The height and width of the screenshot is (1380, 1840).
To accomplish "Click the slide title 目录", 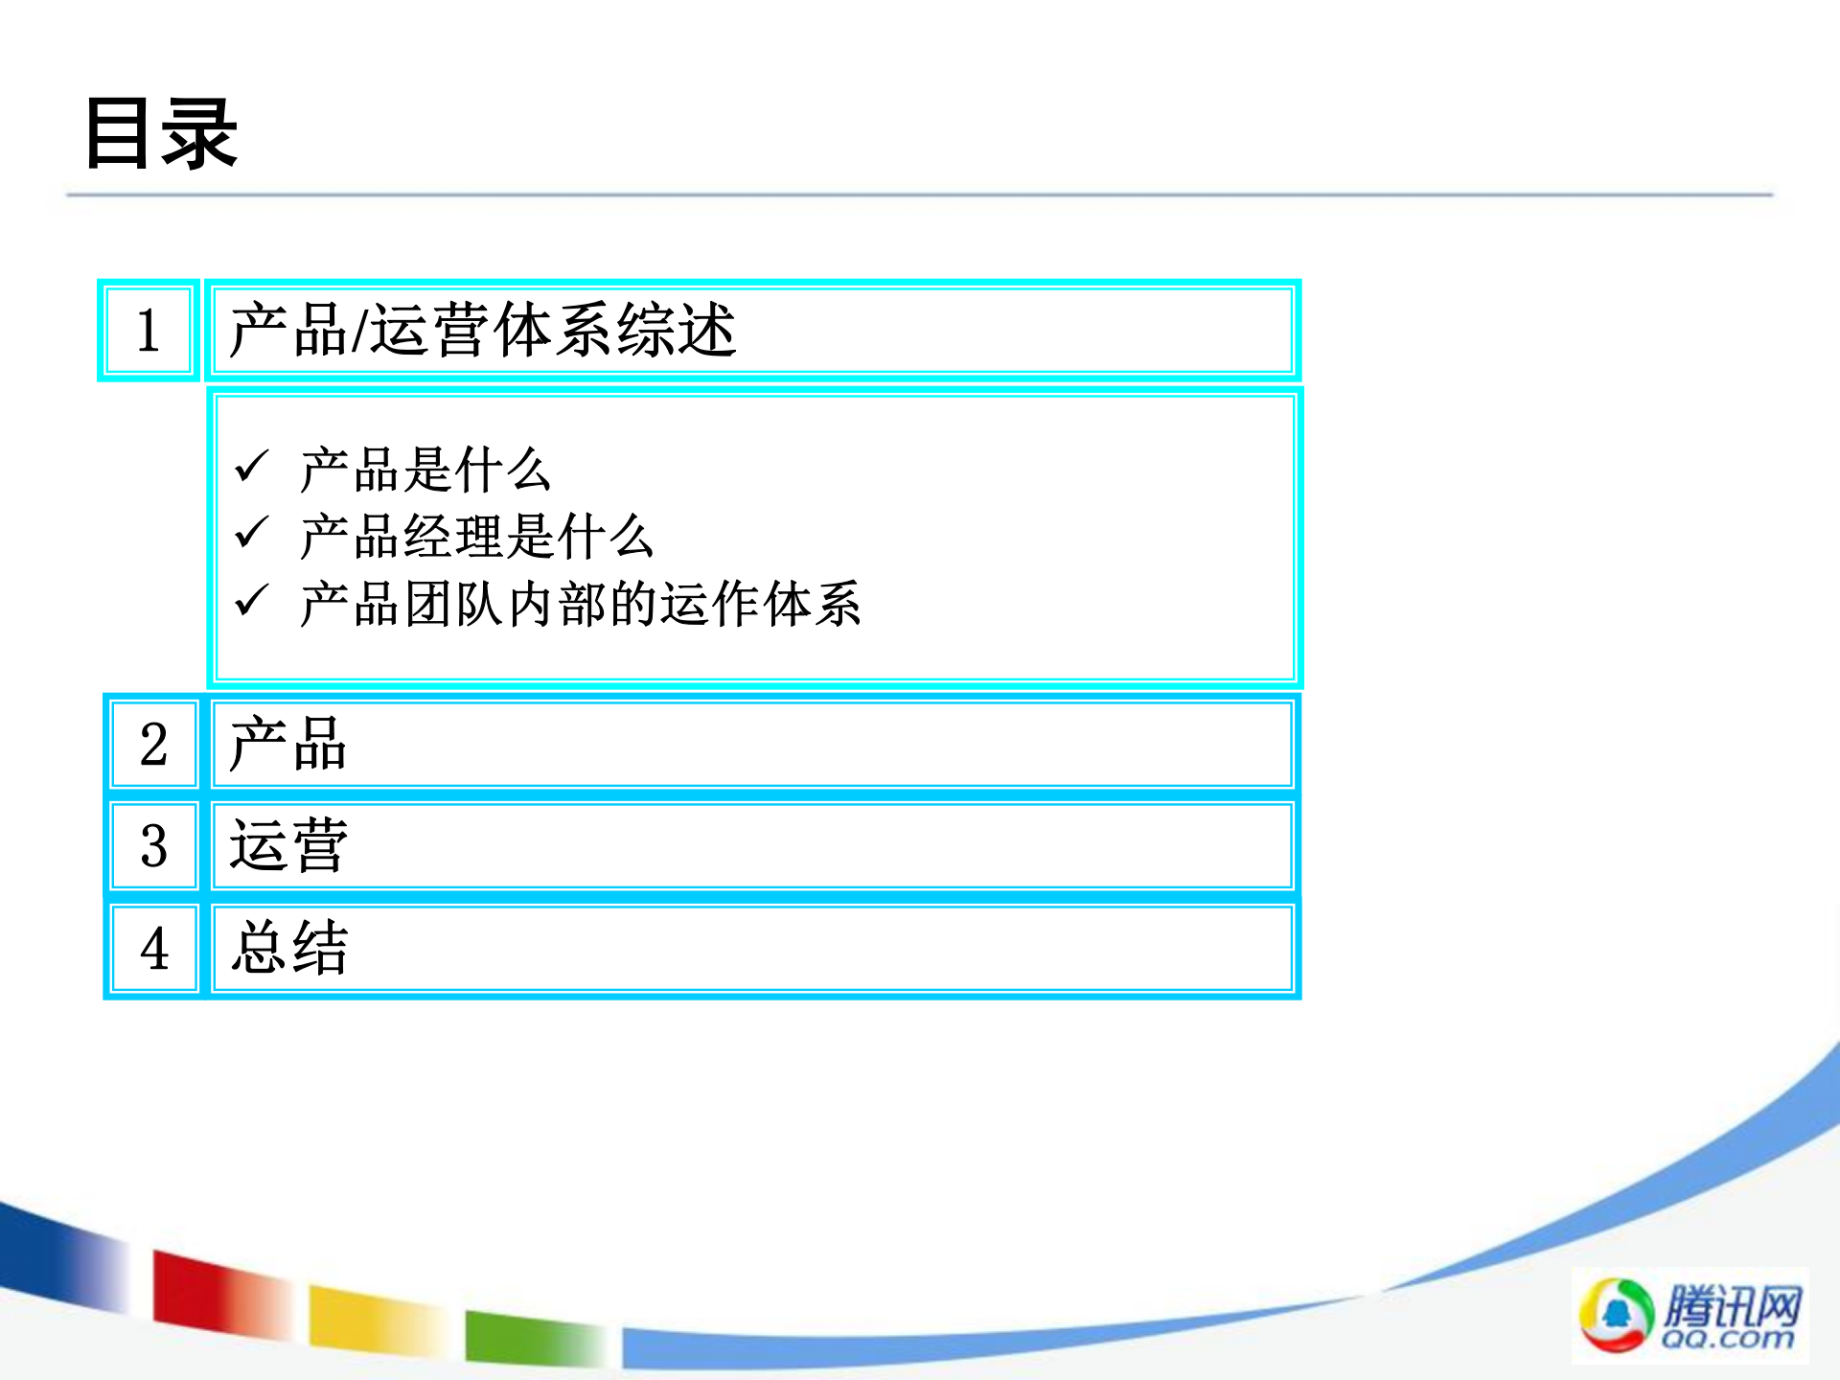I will coord(161,134).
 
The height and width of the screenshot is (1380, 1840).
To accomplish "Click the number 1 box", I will coord(149,331).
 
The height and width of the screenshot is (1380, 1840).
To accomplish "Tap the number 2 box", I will coord(153,745).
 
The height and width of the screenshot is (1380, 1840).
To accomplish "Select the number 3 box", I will coord(153,846).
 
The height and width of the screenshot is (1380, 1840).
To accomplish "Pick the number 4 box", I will coord(153,949).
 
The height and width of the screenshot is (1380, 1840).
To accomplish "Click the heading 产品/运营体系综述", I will coord(482,331).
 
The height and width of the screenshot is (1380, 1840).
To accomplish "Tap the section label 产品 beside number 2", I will coord(287,745).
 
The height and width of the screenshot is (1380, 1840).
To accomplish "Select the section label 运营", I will coord(287,846).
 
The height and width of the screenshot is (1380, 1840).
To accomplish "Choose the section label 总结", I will coord(289,949).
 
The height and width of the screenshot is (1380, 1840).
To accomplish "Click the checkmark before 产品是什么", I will coord(251,467).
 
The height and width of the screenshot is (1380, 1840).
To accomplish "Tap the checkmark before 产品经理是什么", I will coord(251,533).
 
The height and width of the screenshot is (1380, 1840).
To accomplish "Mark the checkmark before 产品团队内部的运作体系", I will coord(251,601).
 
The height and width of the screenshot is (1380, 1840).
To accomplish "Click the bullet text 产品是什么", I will coord(425,470).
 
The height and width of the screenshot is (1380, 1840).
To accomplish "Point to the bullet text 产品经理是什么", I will coord(476,537).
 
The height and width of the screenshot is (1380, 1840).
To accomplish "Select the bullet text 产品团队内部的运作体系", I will coord(580,605).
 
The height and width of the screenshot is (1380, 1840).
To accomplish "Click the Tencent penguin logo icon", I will coord(1616,1314).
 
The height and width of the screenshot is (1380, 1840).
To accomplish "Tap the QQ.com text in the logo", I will coord(1728,1338).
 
